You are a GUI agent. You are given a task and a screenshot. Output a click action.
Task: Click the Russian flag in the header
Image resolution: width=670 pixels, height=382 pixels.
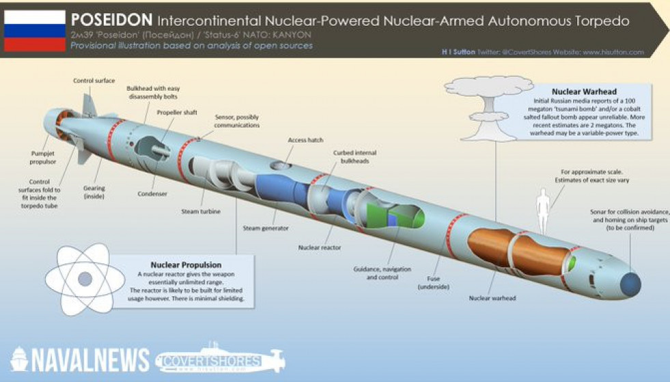35,31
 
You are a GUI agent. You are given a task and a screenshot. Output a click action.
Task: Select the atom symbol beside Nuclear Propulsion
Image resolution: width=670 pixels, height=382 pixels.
85,279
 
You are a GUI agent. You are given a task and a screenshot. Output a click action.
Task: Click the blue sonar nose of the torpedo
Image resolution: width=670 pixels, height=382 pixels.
629,282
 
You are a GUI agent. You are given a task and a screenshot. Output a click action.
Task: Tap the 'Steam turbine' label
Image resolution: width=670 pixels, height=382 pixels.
201,212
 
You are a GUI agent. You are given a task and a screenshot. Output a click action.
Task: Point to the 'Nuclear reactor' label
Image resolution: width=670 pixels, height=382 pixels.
319,248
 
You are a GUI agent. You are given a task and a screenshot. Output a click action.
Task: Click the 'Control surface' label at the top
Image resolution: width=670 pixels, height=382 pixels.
94,80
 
